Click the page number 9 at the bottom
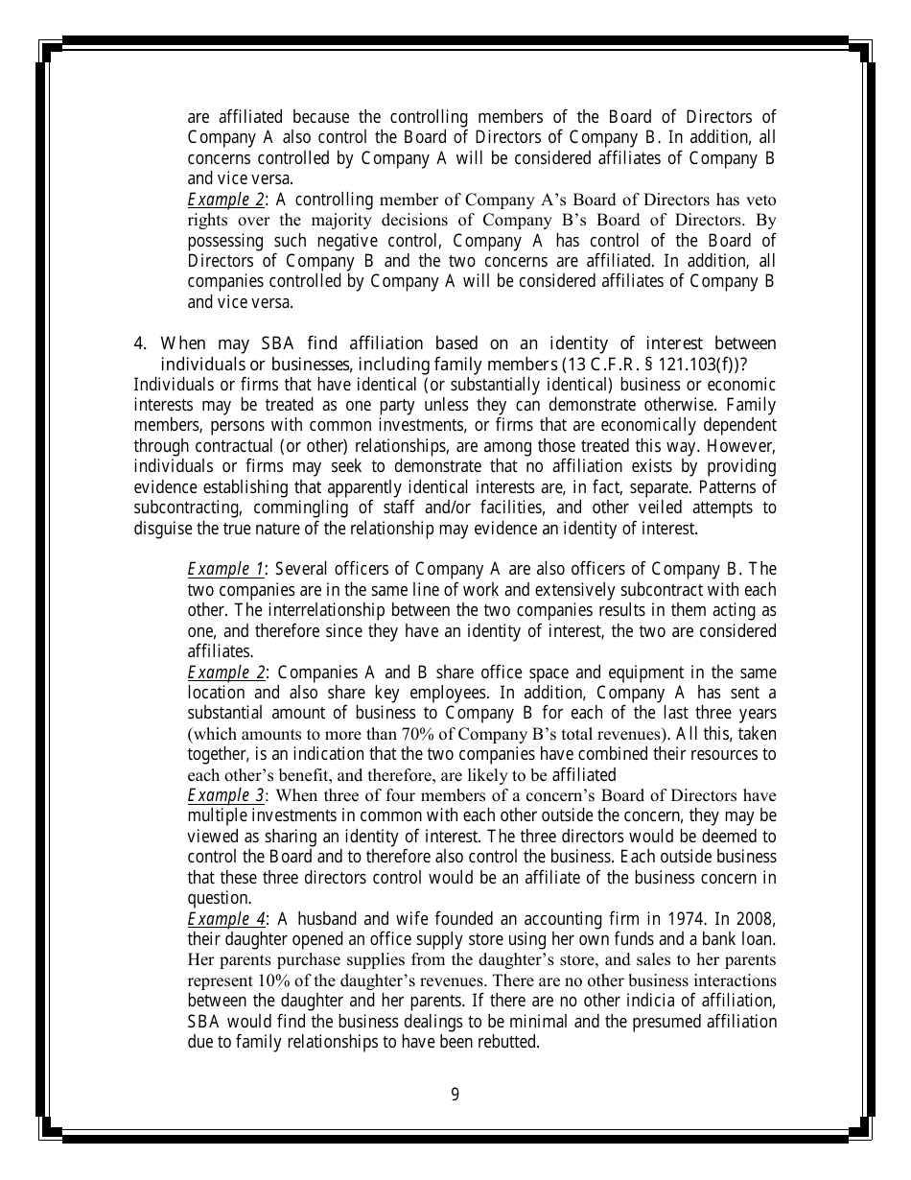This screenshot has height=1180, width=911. click(455, 1094)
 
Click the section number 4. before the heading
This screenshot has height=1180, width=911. click(140, 343)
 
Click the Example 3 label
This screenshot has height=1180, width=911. click(225, 795)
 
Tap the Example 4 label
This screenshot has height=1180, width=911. click(225, 918)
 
